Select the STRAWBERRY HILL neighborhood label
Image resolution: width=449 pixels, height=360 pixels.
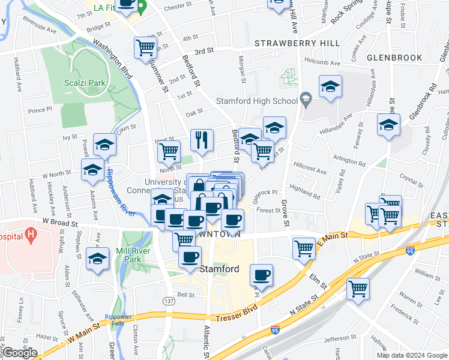[297, 44]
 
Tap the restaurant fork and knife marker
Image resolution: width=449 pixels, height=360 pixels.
[202, 140]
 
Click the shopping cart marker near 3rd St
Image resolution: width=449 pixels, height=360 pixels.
[146, 47]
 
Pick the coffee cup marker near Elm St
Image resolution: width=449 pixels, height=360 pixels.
[261, 275]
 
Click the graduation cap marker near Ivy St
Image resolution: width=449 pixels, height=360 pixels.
[105, 145]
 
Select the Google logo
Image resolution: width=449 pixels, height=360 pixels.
[20, 353]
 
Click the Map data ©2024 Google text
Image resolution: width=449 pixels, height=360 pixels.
[412, 355]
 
